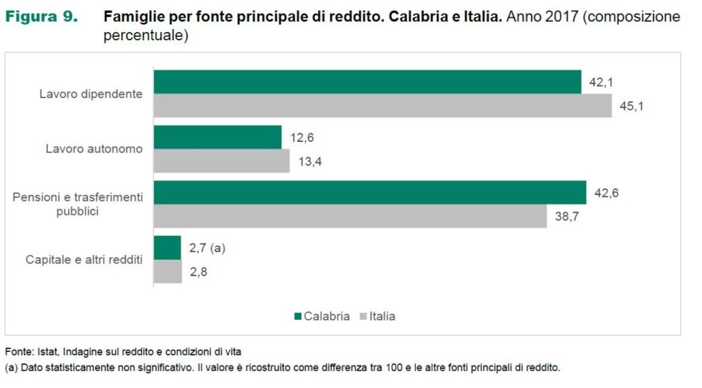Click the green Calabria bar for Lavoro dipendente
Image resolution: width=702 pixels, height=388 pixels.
pyautogui.click(x=367, y=82)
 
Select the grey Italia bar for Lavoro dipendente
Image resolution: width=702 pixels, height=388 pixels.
pyautogui.click(x=382, y=106)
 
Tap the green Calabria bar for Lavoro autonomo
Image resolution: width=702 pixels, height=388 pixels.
pyautogui.click(x=217, y=137)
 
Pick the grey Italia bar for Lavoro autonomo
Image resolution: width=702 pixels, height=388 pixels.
pyautogui.click(x=221, y=161)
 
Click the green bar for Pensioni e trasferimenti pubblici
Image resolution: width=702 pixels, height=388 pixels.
pyautogui.click(x=369, y=192)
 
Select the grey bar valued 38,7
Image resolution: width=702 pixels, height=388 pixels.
pyautogui.click(x=349, y=216)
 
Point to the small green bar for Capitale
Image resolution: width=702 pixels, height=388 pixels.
pyautogui.click(x=167, y=248)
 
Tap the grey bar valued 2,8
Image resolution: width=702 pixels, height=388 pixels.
pyautogui.click(x=167, y=272)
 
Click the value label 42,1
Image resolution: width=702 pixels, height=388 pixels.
pyautogui.click(x=601, y=83)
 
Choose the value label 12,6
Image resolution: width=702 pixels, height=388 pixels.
pyautogui.click(x=301, y=138)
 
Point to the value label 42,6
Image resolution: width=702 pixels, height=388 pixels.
pyautogui.click(x=607, y=193)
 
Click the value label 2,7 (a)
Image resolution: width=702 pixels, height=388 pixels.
pyautogui.click(x=207, y=249)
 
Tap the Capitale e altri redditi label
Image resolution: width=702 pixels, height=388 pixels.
pyautogui.click(x=84, y=260)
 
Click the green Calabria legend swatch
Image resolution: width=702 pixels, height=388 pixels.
pyautogui.click(x=298, y=317)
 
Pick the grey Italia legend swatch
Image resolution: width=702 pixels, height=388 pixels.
pyautogui.click(x=363, y=317)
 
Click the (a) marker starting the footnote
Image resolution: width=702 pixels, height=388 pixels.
pyautogui.click(x=11, y=368)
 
